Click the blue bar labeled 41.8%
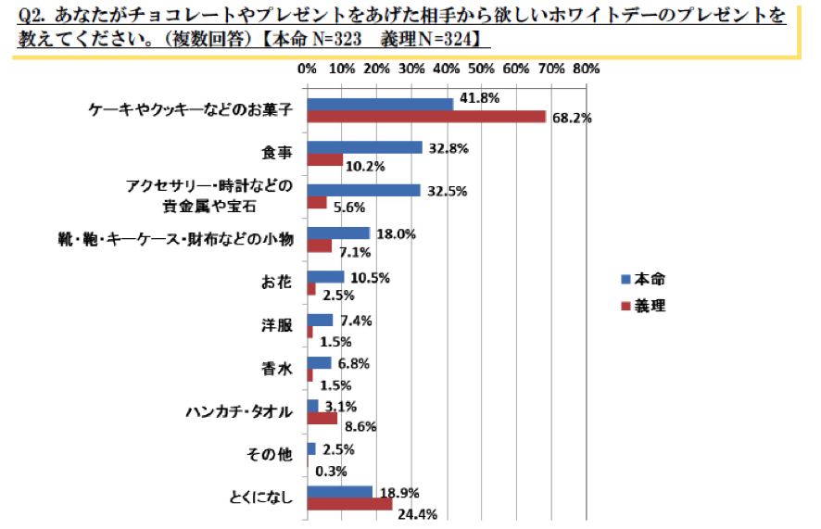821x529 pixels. tap(380, 104)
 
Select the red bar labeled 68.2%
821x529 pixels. tap(426, 116)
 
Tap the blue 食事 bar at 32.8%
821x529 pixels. tap(364, 147)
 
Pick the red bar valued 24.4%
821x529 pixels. tap(349, 504)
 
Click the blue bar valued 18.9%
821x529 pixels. tap(339, 492)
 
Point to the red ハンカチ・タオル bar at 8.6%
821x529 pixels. tap(322, 418)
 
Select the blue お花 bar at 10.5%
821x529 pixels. tap(325, 276)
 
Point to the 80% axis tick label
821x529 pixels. tap(587, 69)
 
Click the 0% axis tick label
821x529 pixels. tap(307, 69)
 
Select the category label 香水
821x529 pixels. tap(278, 369)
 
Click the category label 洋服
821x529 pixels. tap(278, 325)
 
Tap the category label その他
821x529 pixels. tap(272, 455)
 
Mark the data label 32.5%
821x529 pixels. tap(448, 190)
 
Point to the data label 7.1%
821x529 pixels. tap(353, 252)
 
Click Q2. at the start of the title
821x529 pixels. tap(32, 16)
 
